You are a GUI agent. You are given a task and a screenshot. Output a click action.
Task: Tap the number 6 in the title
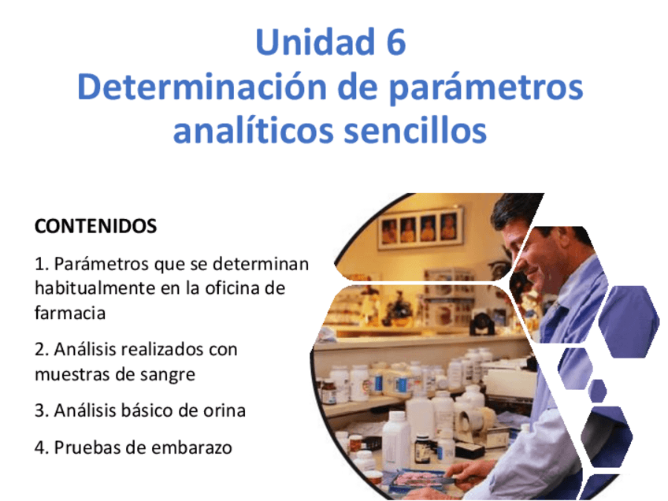392,42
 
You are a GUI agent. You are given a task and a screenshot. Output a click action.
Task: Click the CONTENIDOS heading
96,226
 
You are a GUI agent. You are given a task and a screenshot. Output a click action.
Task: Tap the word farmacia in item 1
70,313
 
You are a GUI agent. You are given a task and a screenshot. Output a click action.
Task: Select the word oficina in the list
228,288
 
